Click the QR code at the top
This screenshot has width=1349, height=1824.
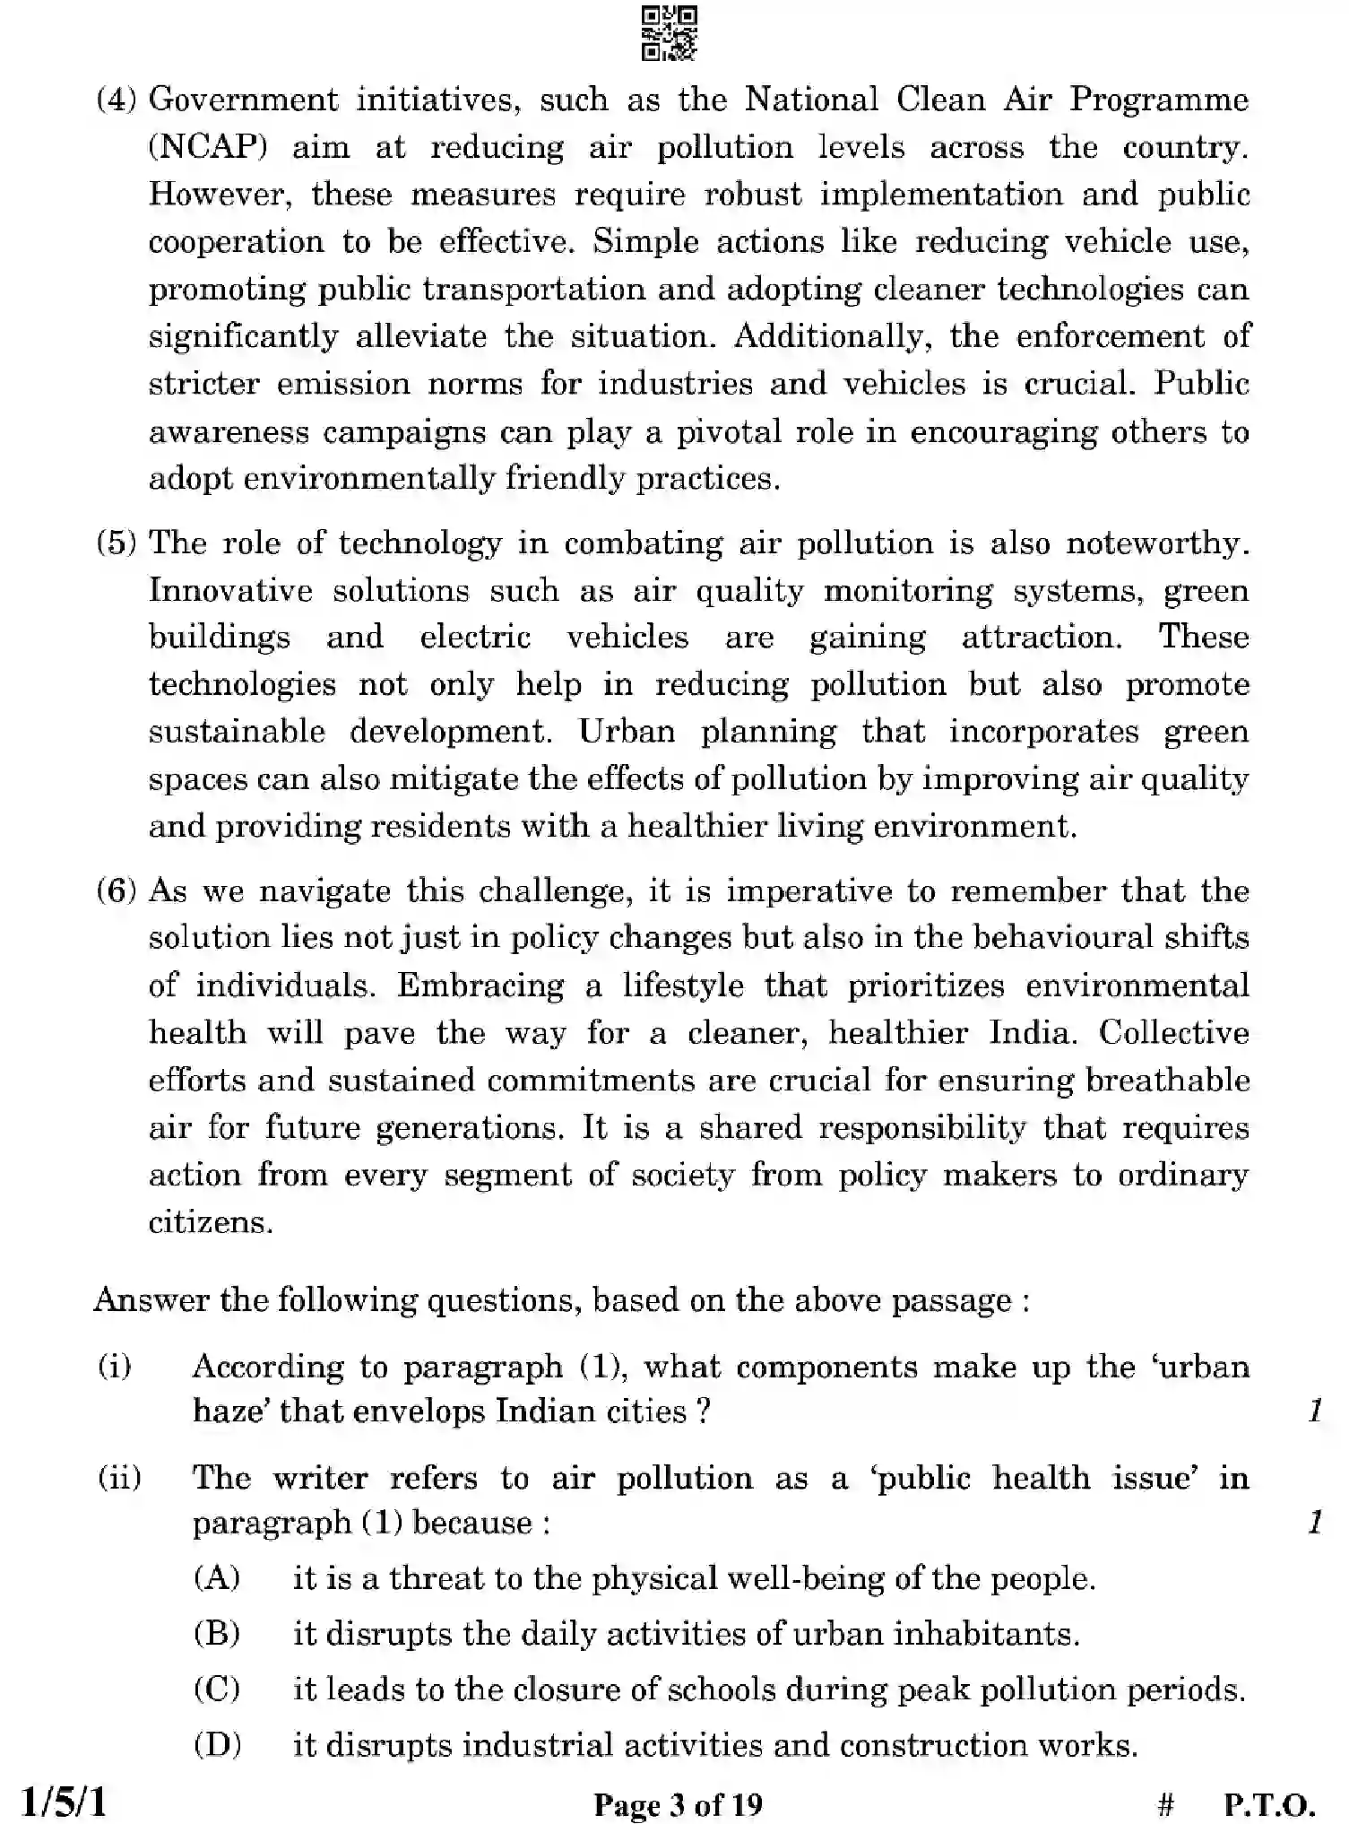[670, 34]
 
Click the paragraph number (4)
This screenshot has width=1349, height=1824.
[117, 99]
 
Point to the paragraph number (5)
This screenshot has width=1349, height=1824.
[117, 543]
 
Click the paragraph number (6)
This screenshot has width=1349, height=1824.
[117, 890]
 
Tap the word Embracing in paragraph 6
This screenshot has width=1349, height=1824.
[480, 986]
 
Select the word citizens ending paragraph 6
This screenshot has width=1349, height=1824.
[210, 1222]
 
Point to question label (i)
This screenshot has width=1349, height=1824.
[114, 1367]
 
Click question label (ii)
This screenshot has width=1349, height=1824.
[119, 1477]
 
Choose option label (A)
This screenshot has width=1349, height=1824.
[217, 1577]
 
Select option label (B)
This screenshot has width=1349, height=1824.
[217, 1633]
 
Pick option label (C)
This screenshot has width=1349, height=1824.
[217, 1689]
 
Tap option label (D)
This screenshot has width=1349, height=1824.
[217, 1745]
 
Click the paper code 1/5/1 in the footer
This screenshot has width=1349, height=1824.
[64, 1801]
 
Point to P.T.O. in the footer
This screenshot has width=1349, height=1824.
[1269, 1803]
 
